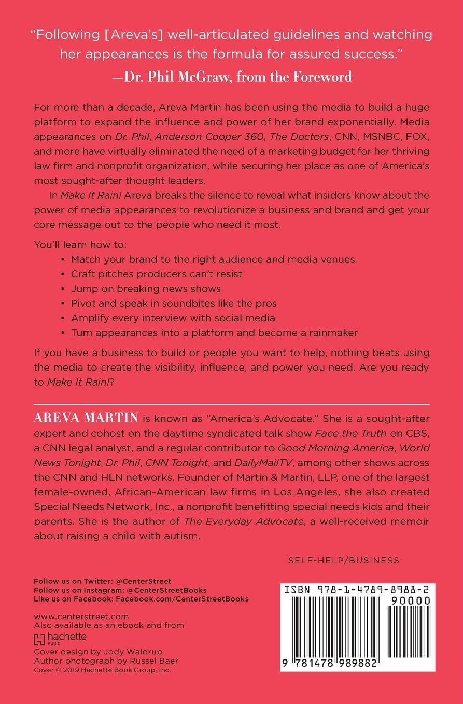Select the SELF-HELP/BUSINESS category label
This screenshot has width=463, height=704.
pyautogui.click(x=343, y=560)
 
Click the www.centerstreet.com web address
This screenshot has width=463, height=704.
pyautogui.click(x=81, y=617)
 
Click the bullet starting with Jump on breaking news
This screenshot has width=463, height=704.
pyautogui.click(x=146, y=288)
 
